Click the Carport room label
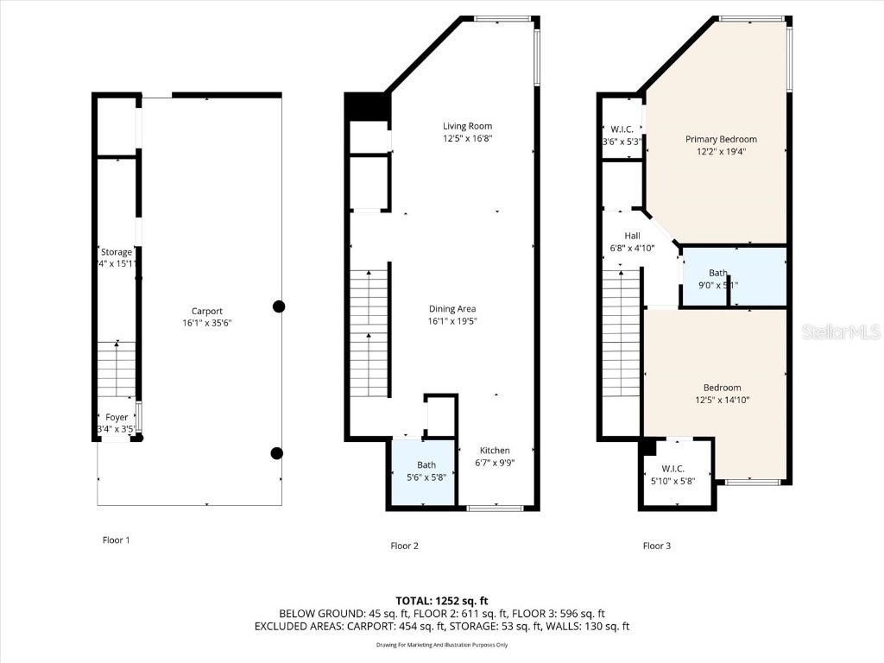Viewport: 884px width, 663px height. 207,312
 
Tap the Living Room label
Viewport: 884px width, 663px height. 467,126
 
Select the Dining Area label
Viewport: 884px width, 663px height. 452,309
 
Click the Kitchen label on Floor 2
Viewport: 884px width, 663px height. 495,451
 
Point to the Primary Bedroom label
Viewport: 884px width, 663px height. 721,139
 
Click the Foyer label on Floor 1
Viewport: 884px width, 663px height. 117,417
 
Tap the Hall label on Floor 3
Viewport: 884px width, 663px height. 632,236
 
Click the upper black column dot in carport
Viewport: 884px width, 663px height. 279,306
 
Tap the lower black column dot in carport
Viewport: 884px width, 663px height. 276,453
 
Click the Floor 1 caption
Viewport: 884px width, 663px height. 116,540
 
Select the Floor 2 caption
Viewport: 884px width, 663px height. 404,546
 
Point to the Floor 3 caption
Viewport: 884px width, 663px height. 657,546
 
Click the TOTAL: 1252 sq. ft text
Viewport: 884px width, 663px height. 441,601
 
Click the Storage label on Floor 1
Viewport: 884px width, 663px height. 117,252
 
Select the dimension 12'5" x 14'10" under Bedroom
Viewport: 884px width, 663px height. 721,400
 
